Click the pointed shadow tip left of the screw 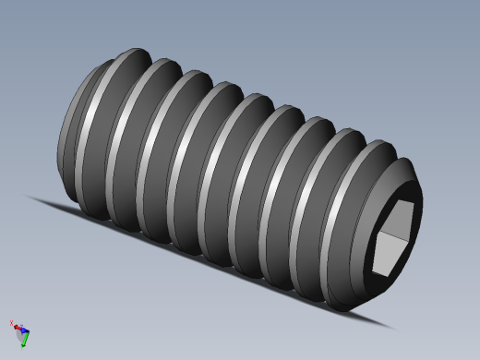point(30,196)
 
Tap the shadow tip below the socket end point(392,326)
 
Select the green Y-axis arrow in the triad point(24,341)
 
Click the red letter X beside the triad point(11,323)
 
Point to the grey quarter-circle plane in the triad point(21,333)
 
